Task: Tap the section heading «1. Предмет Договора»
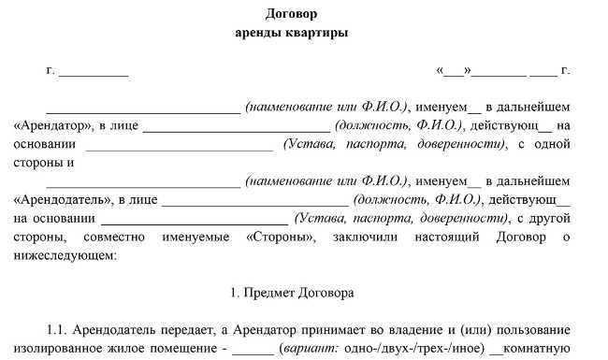292,294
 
